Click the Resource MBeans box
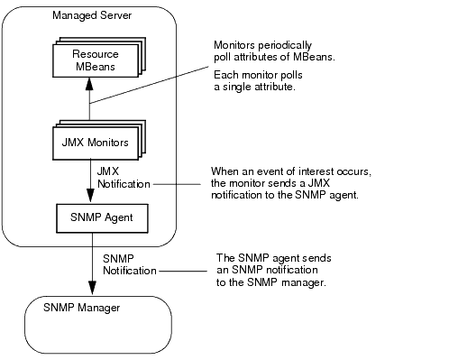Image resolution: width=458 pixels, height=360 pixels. (87, 60)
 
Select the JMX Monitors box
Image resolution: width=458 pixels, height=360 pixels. (87, 143)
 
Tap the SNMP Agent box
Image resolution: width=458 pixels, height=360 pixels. (87, 217)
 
